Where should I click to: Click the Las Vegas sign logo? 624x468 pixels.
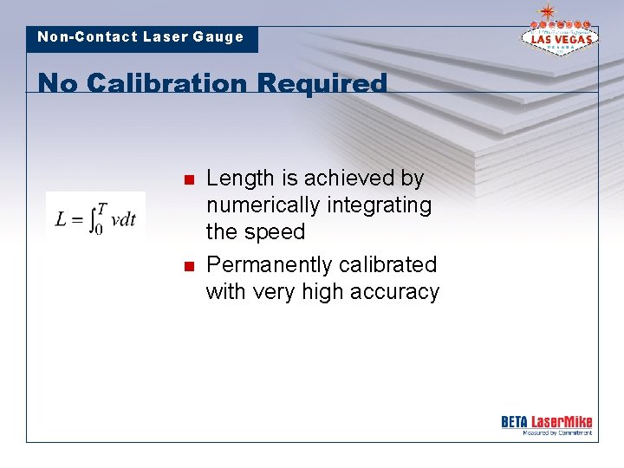point(559,36)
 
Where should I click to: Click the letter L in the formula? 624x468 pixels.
point(61,218)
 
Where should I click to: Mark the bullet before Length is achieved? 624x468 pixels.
point(186,180)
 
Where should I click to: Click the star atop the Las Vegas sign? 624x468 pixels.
point(547,11)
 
